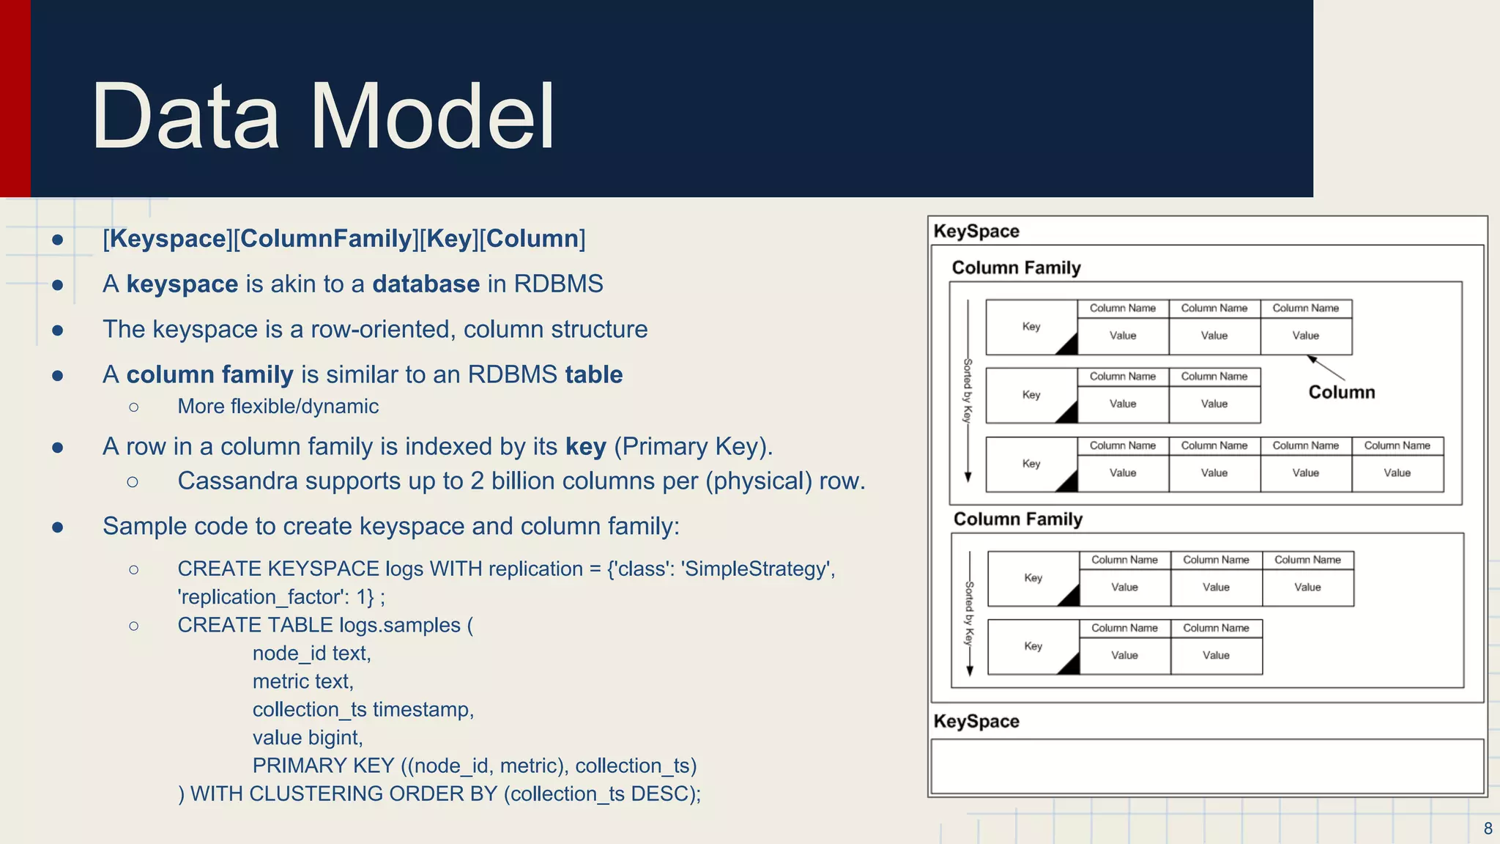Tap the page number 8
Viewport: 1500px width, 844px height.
point(1488,829)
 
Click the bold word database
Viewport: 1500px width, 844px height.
point(426,284)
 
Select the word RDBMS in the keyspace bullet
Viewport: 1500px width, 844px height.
point(558,284)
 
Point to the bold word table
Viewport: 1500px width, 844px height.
point(593,375)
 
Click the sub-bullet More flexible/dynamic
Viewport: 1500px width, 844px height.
point(278,407)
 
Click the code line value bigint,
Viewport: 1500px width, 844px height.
point(308,738)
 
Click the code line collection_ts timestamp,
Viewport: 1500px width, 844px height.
point(363,710)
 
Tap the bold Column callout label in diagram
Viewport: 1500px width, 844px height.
point(1341,393)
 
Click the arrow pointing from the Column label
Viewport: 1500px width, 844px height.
point(1326,368)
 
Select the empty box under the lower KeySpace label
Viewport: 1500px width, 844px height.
point(1206,766)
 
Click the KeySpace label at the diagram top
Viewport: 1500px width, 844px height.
point(976,232)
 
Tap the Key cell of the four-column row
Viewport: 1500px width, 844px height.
point(1031,464)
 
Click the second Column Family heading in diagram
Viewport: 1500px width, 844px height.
point(1017,519)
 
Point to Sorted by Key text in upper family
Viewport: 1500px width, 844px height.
point(968,390)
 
